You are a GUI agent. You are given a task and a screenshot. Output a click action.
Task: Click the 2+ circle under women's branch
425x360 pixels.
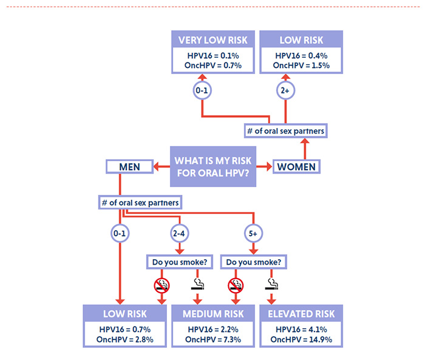285,91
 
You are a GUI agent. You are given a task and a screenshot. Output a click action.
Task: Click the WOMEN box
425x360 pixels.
296,166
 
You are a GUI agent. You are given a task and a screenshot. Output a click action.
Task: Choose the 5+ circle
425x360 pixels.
253,233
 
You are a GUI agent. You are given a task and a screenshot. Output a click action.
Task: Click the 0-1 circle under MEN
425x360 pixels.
120,233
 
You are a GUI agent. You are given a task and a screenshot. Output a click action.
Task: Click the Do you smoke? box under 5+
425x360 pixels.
253,263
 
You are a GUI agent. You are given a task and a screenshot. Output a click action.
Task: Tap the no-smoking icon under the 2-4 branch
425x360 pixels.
162,284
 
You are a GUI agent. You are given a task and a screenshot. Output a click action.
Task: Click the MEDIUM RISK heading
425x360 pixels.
212,313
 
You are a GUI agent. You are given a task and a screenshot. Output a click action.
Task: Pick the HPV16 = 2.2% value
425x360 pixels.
212,328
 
